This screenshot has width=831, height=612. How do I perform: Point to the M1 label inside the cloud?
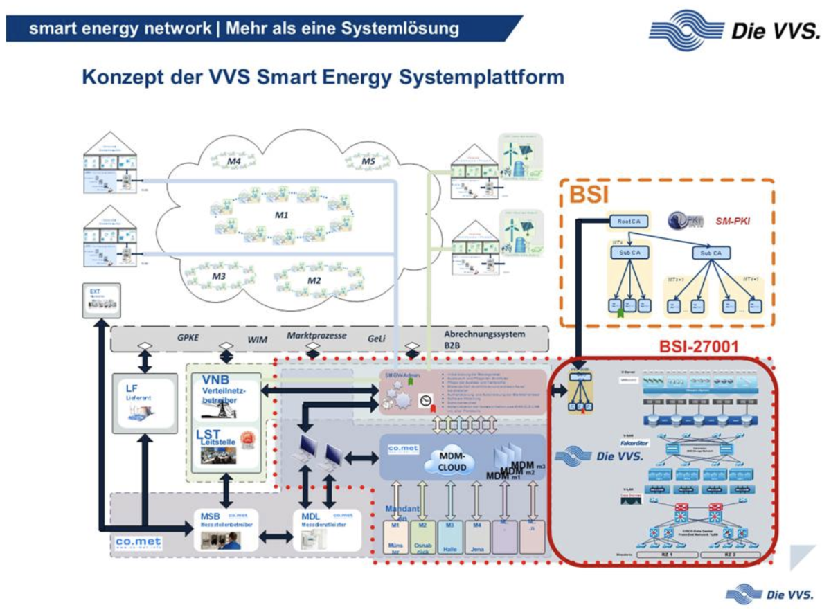pyautogui.click(x=281, y=215)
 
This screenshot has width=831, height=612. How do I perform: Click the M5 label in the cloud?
pyautogui.click(x=368, y=161)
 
